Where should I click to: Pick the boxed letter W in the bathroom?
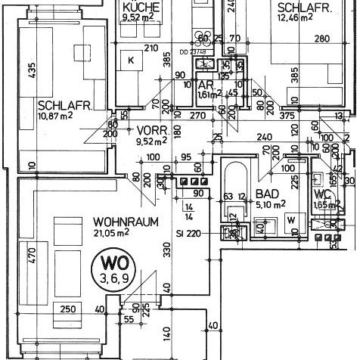coord(290,221)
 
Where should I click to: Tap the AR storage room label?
coord(203,85)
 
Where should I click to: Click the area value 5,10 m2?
coord(270,203)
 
